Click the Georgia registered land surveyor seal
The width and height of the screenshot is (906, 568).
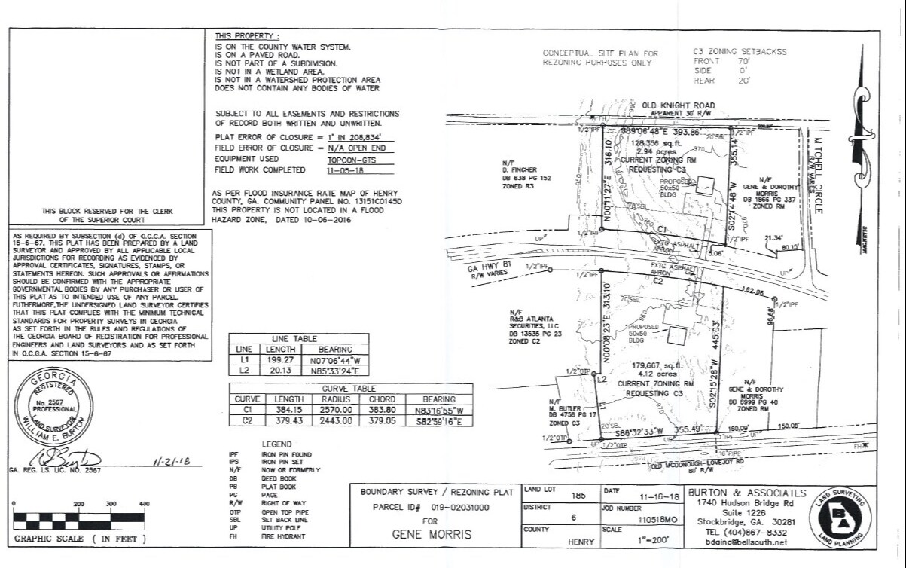[x=54, y=408]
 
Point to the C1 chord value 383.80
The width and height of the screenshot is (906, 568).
[x=389, y=410]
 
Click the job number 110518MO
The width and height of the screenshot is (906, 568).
[x=660, y=519]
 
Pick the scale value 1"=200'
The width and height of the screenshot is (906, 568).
[x=660, y=540]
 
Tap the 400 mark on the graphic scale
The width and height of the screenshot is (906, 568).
[x=144, y=504]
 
